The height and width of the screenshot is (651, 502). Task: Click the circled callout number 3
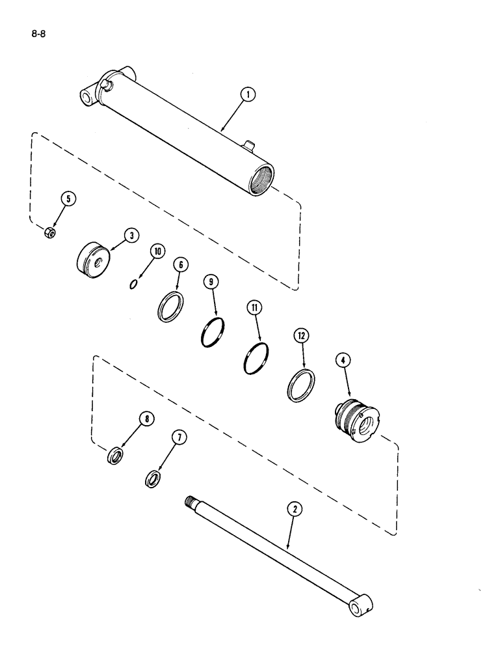tap(131, 236)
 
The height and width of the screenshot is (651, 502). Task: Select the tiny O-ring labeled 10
tap(133, 283)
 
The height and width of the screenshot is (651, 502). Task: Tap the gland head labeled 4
tap(357, 415)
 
